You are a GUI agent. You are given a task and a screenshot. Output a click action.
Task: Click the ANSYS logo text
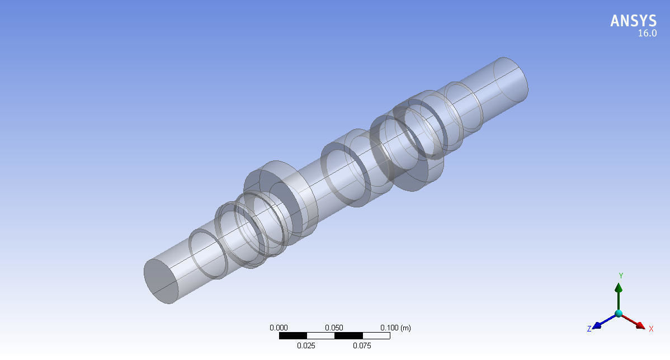click(633, 21)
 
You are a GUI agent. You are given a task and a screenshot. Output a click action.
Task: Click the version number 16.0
click(647, 34)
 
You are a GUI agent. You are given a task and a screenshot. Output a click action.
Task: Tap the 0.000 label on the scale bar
click(279, 328)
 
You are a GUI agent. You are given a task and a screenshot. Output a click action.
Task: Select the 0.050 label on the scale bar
click(334, 328)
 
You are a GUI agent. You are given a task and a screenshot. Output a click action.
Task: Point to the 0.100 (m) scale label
click(395, 328)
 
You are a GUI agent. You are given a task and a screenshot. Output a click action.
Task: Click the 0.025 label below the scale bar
click(306, 345)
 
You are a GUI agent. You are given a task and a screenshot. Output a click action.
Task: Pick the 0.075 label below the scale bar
click(362, 345)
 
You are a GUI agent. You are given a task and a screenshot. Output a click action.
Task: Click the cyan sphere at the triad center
click(619, 314)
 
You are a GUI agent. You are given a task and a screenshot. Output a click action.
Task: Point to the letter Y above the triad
click(621, 276)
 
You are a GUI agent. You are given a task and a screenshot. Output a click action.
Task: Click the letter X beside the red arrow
click(651, 329)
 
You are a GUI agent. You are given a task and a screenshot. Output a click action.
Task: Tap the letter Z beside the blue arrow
click(589, 329)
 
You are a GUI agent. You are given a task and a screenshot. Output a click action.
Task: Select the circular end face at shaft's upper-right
click(511, 78)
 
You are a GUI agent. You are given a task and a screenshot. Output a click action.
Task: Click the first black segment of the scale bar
click(292, 336)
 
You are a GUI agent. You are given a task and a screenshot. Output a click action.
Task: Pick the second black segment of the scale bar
click(348, 336)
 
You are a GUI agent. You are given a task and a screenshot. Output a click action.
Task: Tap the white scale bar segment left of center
click(320, 336)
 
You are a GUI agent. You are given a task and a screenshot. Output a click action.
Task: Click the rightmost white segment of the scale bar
click(375, 336)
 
